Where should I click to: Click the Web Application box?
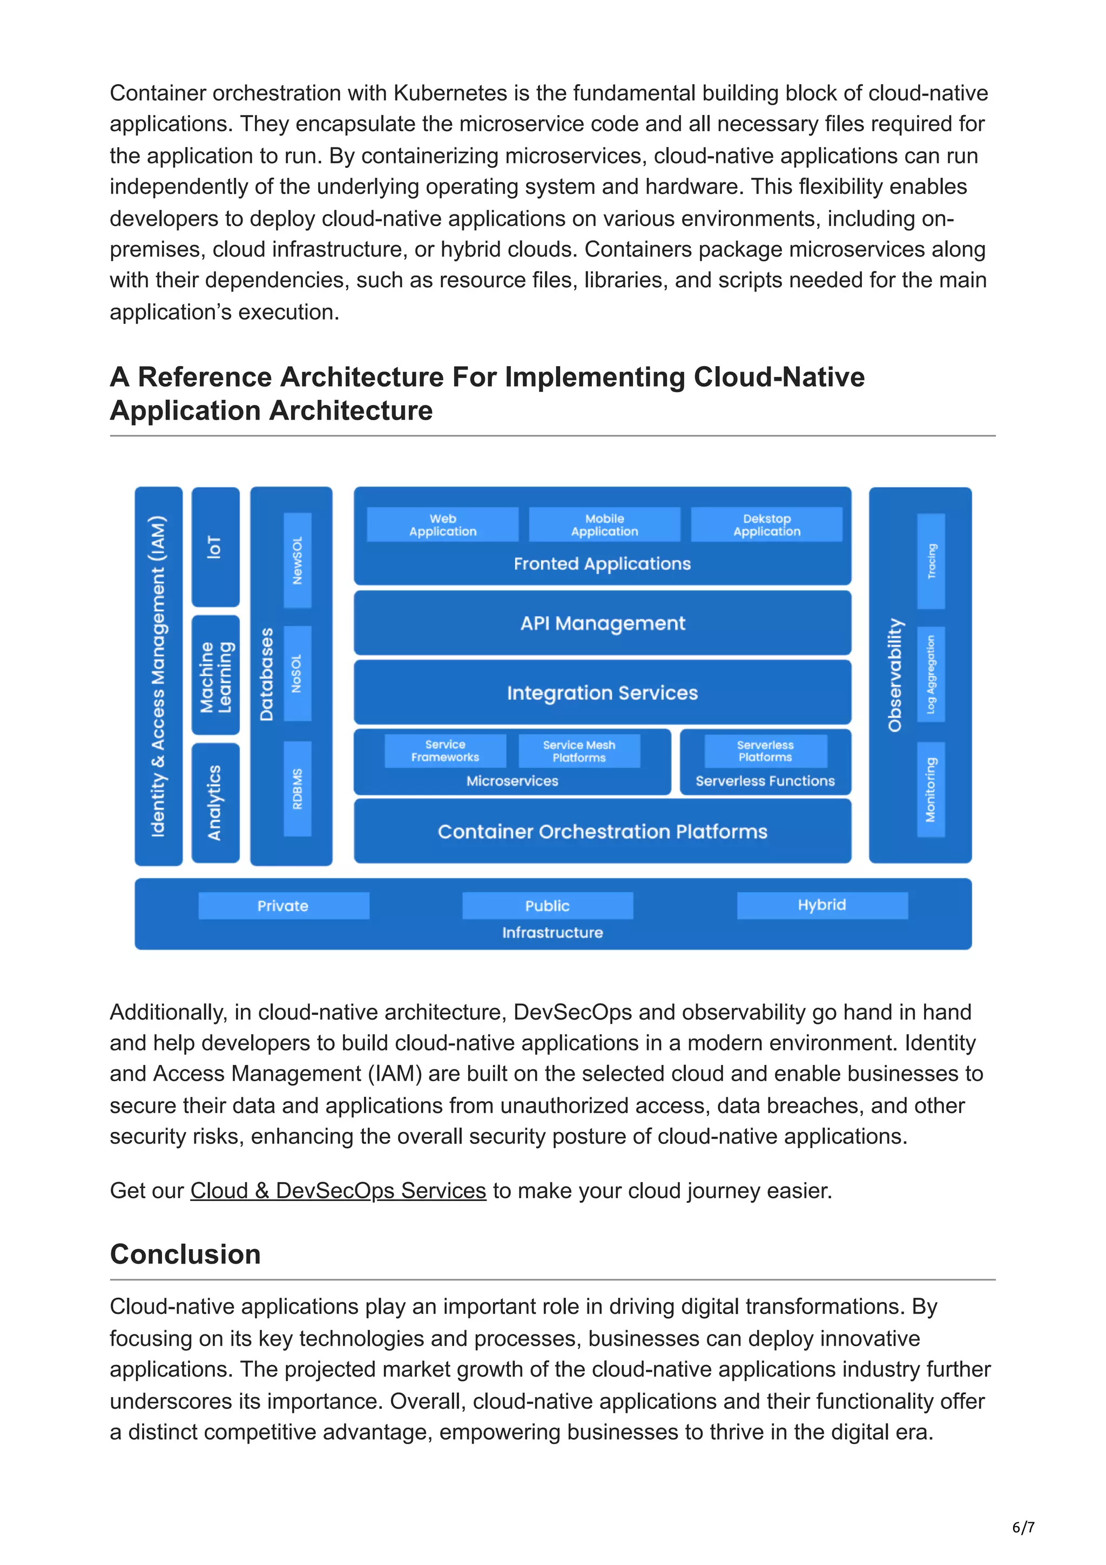pyautogui.click(x=442, y=524)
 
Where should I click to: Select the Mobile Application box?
pyautogui.click(x=604, y=524)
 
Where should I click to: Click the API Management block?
pyautogui.click(x=602, y=623)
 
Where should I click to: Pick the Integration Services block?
pyautogui.click(x=602, y=692)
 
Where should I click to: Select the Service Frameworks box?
pyautogui.click(x=445, y=751)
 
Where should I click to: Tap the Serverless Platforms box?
pyautogui.click(x=765, y=751)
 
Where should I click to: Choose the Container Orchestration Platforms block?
pyautogui.click(x=602, y=831)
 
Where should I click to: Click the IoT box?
pyautogui.click(x=215, y=547)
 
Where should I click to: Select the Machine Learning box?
pyautogui.click(x=215, y=676)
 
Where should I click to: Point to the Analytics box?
pyautogui.click(x=215, y=802)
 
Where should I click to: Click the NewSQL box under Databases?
pyautogui.click(x=297, y=561)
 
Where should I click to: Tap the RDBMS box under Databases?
pyautogui.click(x=297, y=788)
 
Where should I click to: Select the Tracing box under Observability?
pyautogui.click(x=931, y=561)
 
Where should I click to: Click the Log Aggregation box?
pyautogui.click(x=931, y=674)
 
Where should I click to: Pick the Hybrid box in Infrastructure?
pyautogui.click(x=822, y=905)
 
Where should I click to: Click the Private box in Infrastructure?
pyautogui.click(x=283, y=906)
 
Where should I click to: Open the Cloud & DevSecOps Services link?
pyautogui.click(x=338, y=1190)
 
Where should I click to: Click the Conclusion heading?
pyautogui.click(x=185, y=1253)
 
